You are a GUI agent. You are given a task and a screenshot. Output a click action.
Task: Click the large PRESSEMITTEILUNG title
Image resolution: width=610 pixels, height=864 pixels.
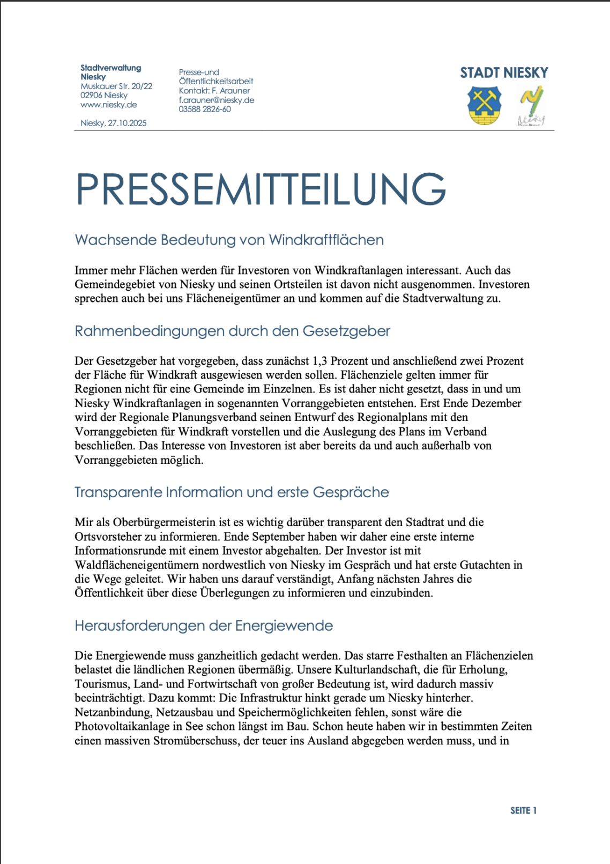pos(261,189)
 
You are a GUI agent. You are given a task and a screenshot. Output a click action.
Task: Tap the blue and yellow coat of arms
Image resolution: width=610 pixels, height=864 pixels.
pos(485,106)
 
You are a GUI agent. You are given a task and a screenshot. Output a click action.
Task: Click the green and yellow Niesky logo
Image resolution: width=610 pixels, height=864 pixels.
pos(531,106)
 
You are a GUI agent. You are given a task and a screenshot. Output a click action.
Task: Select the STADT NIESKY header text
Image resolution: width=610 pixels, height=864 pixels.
pos(504,73)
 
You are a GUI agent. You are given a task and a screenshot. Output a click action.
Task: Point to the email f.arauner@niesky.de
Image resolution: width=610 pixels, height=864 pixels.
pos(217,100)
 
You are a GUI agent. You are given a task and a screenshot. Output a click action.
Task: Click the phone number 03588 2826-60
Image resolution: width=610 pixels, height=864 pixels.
pos(205,109)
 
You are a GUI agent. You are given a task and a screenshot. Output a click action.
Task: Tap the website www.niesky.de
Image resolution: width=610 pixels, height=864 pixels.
pos(109,105)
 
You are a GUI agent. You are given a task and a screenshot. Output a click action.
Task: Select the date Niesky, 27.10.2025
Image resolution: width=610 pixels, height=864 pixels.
pos(114,123)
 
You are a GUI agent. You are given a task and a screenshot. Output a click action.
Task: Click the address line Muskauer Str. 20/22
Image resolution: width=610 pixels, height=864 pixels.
pos(116,86)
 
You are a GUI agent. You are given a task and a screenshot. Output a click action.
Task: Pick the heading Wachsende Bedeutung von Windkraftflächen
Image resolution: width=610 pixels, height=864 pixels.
pos(229,240)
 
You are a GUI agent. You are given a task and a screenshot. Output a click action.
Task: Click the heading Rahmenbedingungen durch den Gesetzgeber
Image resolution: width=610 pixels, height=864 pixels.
pos(232,331)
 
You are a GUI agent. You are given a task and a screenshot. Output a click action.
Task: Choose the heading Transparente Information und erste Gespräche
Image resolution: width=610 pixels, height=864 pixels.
pos(232,492)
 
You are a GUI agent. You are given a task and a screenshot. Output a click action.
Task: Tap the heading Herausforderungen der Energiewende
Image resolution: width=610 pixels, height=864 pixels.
pos(204,626)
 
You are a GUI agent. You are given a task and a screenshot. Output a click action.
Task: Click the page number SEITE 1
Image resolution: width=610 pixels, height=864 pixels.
pos(523,810)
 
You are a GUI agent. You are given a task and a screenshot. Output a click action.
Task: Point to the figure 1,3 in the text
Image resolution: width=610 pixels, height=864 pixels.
pos(319,361)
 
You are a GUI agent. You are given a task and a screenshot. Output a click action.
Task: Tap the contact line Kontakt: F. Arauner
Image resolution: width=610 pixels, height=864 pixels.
pos(214,91)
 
